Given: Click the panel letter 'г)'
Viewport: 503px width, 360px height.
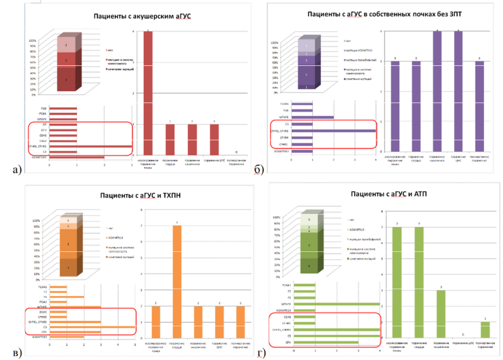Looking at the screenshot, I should click(261, 353).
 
